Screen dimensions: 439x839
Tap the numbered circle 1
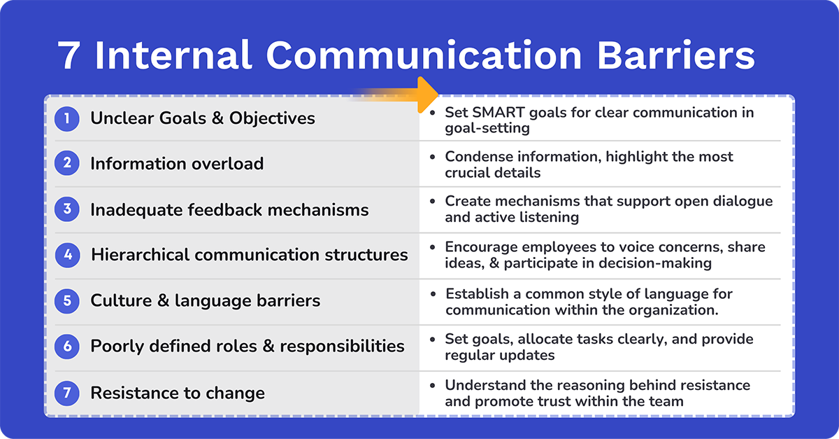pyautogui.click(x=67, y=118)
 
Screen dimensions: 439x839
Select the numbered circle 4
pyautogui.click(x=67, y=255)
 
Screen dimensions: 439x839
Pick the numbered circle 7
pyautogui.click(x=67, y=393)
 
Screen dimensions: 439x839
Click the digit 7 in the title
pyautogui.click(x=70, y=57)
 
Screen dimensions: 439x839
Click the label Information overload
pyautogui.click(x=177, y=164)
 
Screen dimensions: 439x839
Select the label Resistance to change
pyautogui.click(x=178, y=393)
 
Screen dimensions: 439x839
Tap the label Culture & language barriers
pyautogui.click(x=205, y=301)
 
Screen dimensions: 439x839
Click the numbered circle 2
pyautogui.click(x=67, y=164)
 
